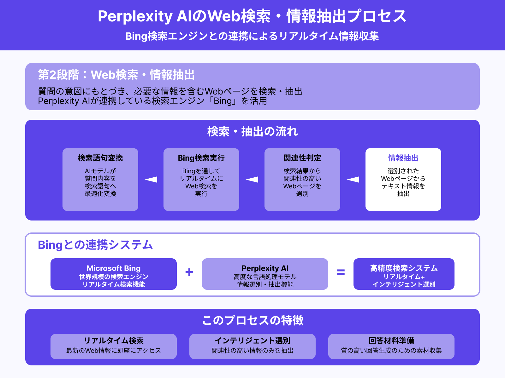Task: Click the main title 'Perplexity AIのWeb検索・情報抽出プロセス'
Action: click(x=252, y=16)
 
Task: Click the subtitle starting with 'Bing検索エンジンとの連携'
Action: click(x=252, y=36)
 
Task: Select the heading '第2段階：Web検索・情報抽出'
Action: click(x=116, y=75)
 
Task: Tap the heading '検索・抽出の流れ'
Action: click(x=252, y=132)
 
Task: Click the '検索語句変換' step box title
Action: click(x=100, y=158)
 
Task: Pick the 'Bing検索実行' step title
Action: click(x=201, y=158)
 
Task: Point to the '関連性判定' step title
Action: click(x=302, y=158)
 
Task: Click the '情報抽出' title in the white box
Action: click(x=403, y=158)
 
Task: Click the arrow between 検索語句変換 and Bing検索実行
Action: click(x=151, y=180)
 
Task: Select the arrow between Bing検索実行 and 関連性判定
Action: click(x=252, y=180)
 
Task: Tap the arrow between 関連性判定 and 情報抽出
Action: click(x=353, y=180)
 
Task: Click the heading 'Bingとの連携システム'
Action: click(x=95, y=245)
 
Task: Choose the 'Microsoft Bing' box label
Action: click(x=114, y=268)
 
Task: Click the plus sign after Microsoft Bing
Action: click(x=189, y=272)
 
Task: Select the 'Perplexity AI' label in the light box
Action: click(x=265, y=268)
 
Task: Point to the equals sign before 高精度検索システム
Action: click(x=341, y=272)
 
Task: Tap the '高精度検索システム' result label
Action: click(x=404, y=268)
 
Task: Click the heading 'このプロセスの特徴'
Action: click(x=252, y=320)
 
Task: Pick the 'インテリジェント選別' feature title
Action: click(x=252, y=341)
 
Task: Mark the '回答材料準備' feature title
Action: click(x=391, y=341)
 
